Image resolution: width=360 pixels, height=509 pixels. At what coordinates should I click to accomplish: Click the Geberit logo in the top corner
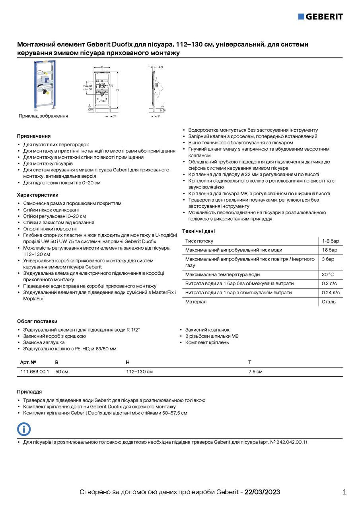320,17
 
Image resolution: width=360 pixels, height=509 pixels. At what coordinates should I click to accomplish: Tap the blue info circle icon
24,429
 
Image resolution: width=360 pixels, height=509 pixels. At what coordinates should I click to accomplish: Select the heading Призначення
34,136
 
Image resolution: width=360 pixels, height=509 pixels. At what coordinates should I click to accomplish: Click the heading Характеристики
38,195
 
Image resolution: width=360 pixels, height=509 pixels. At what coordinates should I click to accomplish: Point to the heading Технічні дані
198,231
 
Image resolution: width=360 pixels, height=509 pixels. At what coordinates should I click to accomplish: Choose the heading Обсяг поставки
37,321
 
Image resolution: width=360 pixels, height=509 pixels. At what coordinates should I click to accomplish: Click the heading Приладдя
29,392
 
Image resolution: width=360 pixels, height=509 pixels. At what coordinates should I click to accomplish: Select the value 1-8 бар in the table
330,241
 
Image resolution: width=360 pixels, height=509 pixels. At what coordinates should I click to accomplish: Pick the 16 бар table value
329,250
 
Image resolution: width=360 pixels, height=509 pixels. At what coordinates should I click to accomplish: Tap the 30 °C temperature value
328,274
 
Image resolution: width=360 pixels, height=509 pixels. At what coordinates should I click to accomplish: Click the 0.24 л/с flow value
331,293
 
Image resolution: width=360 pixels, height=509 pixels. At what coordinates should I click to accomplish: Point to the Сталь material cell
329,302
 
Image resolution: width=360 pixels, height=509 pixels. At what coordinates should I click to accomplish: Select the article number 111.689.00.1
35,372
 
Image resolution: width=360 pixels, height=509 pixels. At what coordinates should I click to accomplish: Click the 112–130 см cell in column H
139,372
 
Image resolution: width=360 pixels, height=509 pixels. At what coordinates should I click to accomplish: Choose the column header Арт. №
28,362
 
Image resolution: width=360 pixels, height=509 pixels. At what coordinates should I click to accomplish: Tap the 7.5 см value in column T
255,372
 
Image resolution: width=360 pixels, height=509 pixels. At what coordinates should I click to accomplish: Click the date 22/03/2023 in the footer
262,492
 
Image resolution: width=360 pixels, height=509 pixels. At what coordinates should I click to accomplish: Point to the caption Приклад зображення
43,116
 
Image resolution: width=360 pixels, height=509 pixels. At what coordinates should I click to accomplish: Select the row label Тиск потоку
199,241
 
